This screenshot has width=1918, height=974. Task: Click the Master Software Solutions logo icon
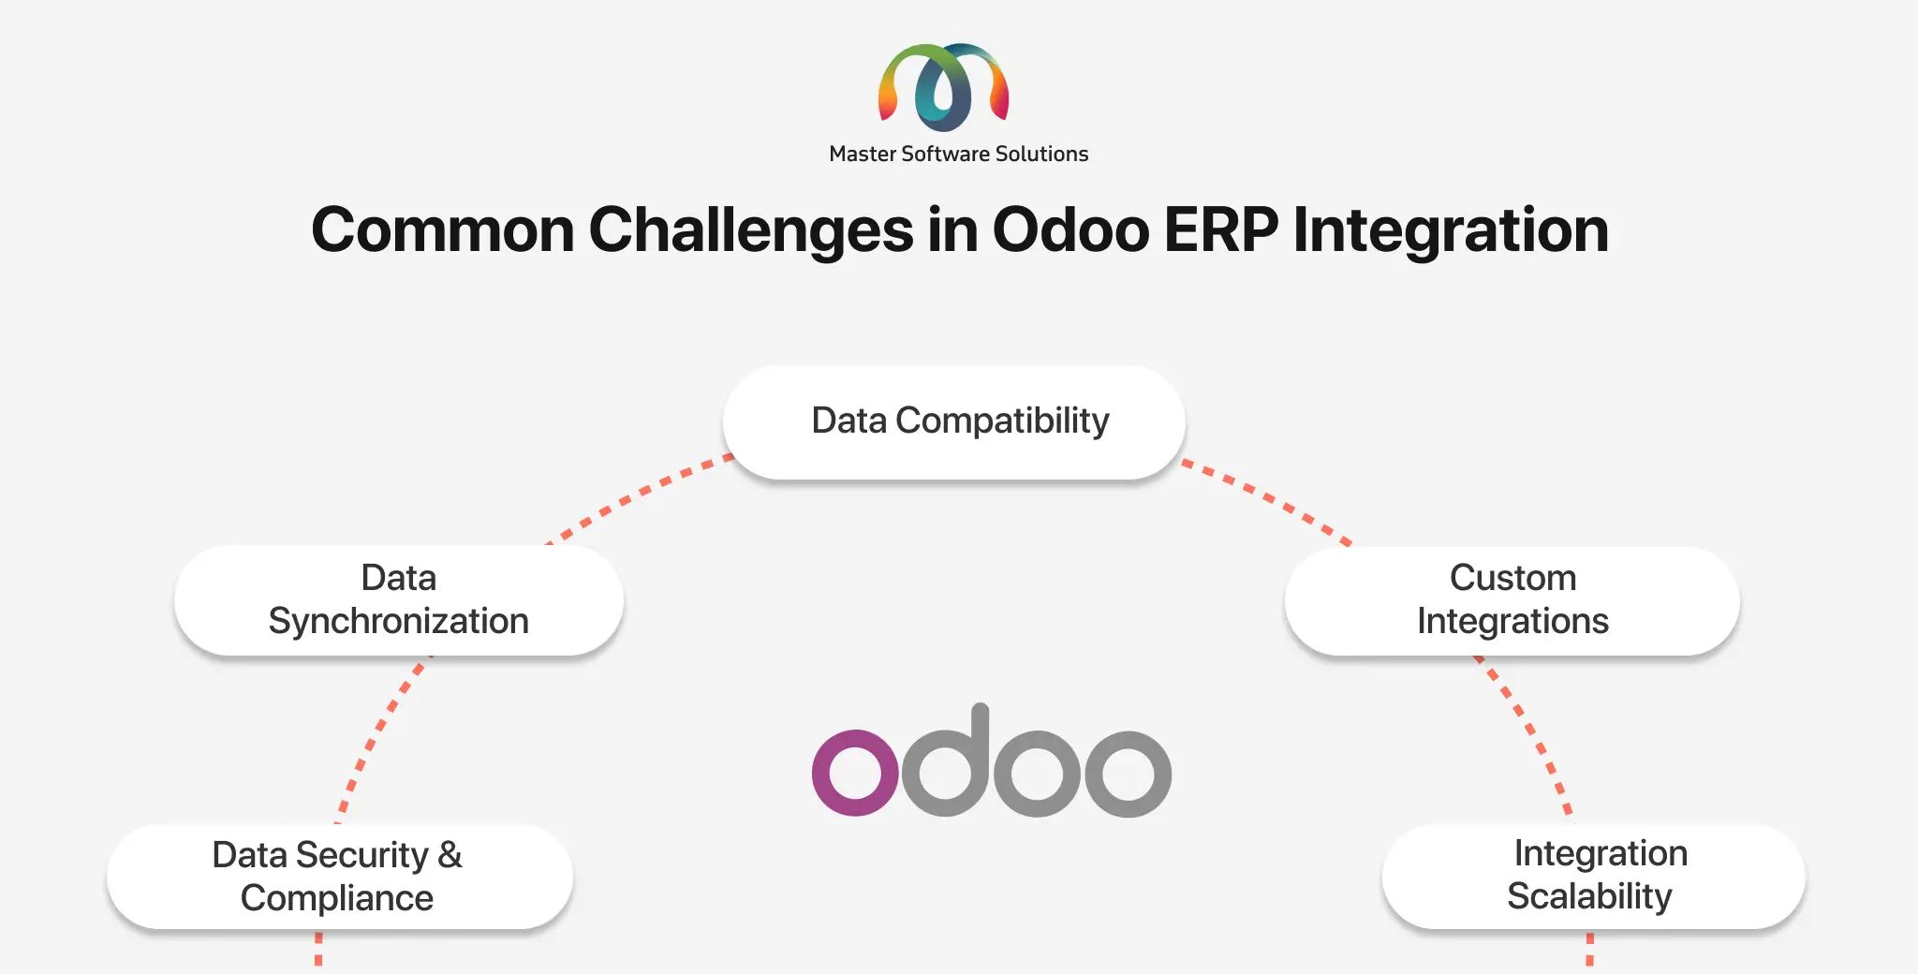pyautogui.click(x=943, y=86)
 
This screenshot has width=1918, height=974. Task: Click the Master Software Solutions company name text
pyautogui.click(x=959, y=154)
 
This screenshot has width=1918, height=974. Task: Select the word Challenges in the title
pyautogui.click(x=751, y=230)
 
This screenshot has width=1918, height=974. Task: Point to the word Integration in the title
pyautogui.click(x=1451, y=230)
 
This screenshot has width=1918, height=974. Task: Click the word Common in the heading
pyautogui.click(x=443, y=230)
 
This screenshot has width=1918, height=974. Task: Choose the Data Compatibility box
pyautogui.click(x=954, y=421)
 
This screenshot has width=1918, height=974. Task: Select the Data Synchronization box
pyautogui.click(x=399, y=599)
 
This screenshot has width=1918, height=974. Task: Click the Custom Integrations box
pyautogui.click(x=1512, y=599)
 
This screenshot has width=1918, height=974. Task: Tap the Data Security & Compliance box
pyautogui.click(x=339, y=877)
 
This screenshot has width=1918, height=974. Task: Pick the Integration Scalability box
pyautogui.click(x=1594, y=876)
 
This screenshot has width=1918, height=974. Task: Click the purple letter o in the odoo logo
pyautogui.click(x=855, y=773)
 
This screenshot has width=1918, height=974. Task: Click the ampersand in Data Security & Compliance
pyautogui.click(x=450, y=855)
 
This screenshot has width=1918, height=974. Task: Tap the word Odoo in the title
pyautogui.click(x=1070, y=229)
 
